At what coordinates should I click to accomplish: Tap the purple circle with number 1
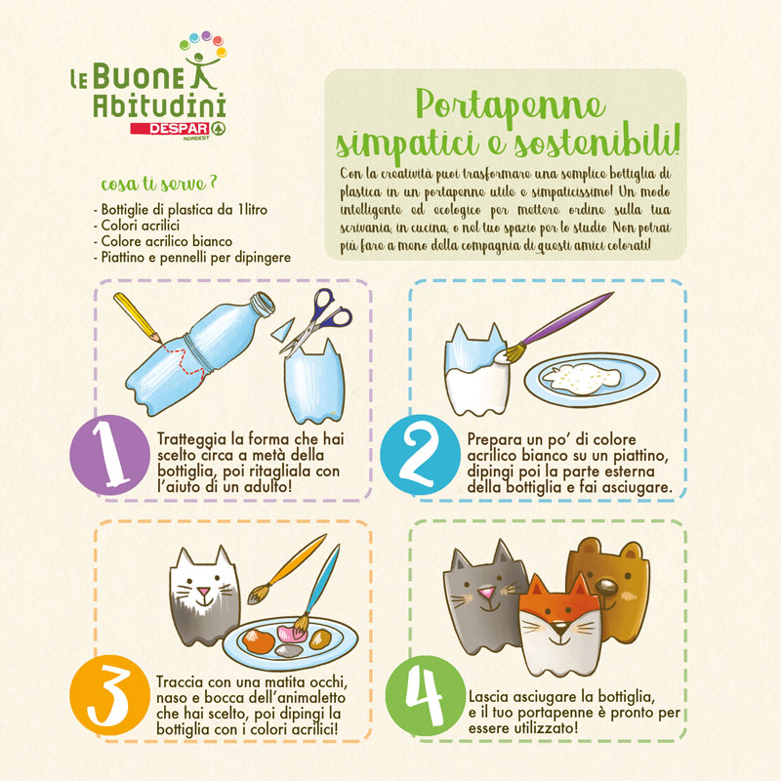pos(109,454)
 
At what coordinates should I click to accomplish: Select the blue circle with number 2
pos(420,454)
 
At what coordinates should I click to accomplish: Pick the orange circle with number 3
pos(109,695)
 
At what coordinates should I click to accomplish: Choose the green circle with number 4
pos(426,696)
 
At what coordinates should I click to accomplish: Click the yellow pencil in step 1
pos(138,318)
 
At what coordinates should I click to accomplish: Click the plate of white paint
pos(592,379)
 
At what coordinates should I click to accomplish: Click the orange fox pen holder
pos(559,626)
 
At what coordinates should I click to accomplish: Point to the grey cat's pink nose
pos(486,593)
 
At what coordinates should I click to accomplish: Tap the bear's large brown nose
pos(607,587)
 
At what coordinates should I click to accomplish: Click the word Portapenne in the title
pos(511,105)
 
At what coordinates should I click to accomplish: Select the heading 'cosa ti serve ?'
pos(159,184)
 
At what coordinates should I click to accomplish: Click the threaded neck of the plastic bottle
pos(262,304)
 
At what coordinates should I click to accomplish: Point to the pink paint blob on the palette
pos(290,634)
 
